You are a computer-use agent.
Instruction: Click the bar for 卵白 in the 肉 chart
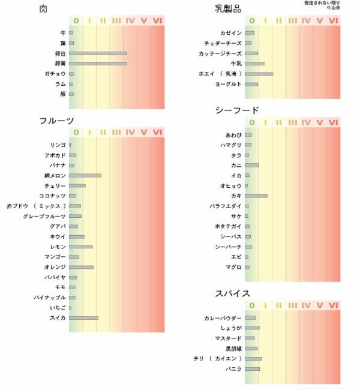(x=98, y=53)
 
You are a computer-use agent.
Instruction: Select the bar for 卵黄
(x=98, y=63)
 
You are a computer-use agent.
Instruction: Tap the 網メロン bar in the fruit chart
(x=85, y=175)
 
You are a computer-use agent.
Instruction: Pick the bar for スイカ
(x=83, y=317)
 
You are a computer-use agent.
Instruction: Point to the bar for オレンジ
(x=82, y=266)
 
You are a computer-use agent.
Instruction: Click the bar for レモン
(x=81, y=247)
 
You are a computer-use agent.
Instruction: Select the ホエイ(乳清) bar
(x=259, y=74)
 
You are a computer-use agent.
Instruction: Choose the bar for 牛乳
(x=254, y=63)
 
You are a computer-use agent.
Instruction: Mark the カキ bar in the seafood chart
(x=256, y=196)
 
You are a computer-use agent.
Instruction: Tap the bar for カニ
(x=251, y=165)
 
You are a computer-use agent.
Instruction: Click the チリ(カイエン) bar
(x=253, y=358)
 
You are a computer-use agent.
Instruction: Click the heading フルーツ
(x=56, y=121)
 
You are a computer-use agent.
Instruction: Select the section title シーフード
(x=238, y=110)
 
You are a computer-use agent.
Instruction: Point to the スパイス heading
(x=233, y=293)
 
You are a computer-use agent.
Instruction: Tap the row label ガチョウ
(x=55, y=74)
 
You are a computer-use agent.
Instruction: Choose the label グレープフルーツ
(x=44, y=216)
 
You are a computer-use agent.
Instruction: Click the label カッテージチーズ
(x=220, y=53)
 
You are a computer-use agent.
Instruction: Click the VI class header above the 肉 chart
(x=157, y=21)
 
